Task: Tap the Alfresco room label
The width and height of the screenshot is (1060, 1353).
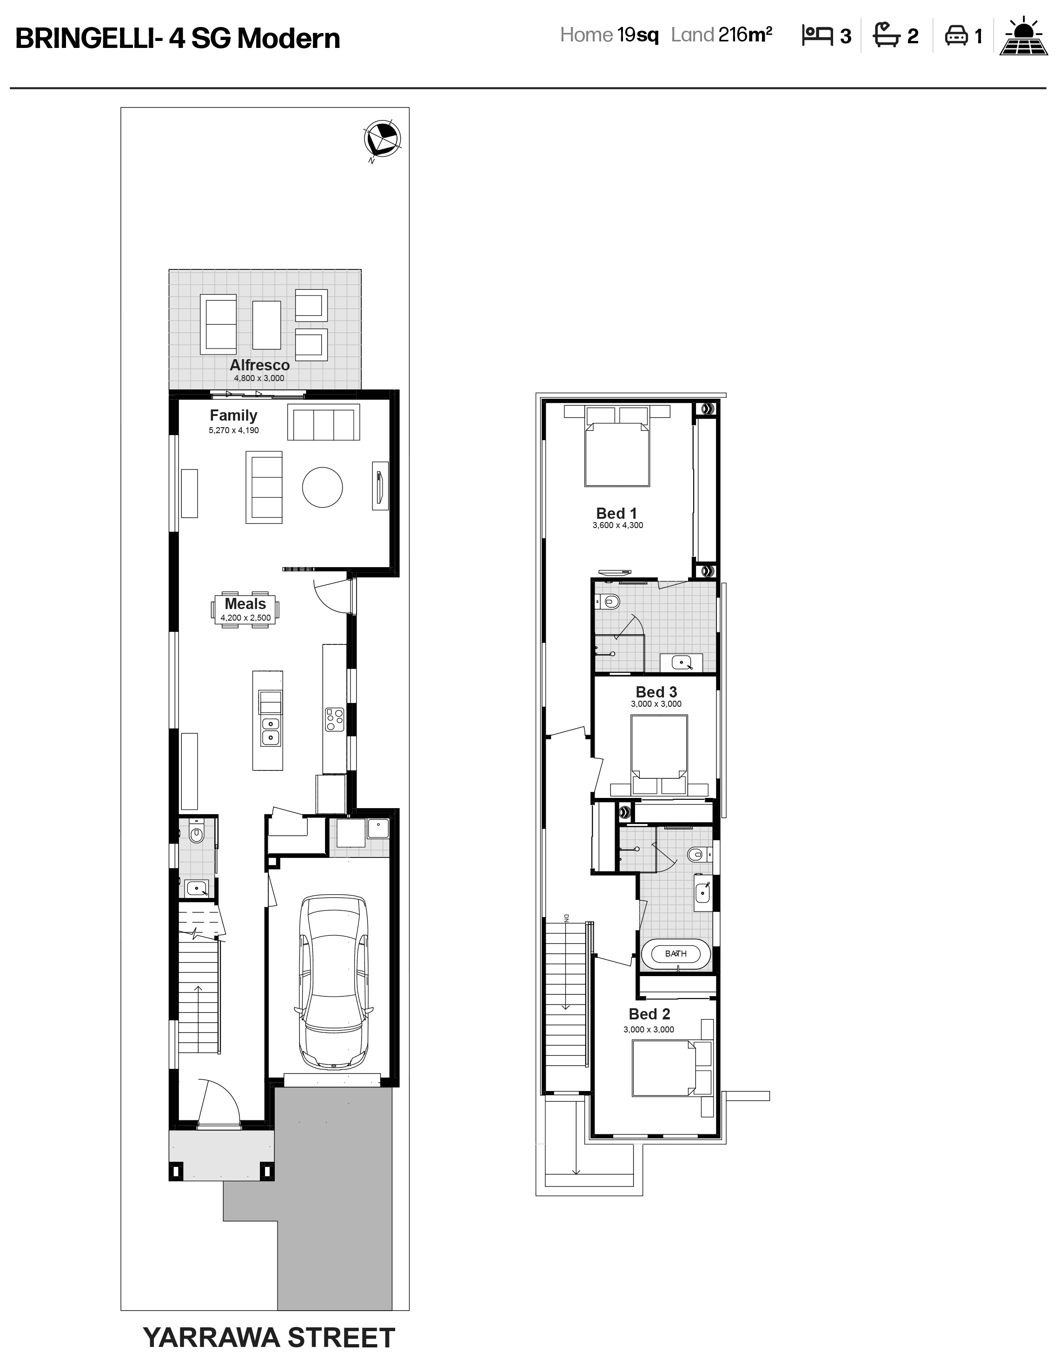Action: point(259,365)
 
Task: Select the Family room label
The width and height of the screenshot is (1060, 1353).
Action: point(233,415)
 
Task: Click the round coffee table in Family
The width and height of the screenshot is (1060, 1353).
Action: point(322,488)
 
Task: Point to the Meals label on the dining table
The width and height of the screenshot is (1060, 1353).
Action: point(245,603)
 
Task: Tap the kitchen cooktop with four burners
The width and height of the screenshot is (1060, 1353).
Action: point(334,720)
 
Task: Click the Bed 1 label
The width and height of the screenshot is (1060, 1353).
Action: point(616,514)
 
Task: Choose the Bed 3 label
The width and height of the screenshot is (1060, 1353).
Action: point(656,692)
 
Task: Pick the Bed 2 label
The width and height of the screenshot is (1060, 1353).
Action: point(649,1014)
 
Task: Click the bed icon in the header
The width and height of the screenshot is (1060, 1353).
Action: point(817,35)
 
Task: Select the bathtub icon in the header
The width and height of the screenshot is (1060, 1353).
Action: point(887,35)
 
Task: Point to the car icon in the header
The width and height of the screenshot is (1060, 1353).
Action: point(956,35)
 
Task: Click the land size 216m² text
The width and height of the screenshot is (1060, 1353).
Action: point(745,35)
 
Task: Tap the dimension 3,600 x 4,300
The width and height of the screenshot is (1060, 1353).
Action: point(617,525)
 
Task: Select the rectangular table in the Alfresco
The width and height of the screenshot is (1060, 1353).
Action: point(266,325)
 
